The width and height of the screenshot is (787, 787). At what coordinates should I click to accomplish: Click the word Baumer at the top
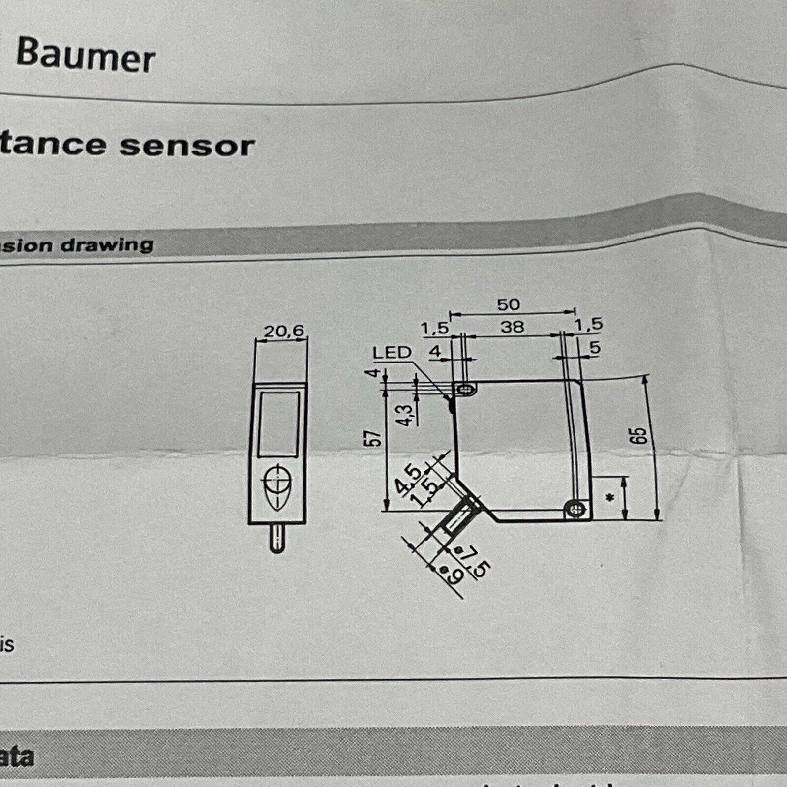86,57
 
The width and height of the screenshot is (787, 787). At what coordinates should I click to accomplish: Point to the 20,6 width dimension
284,332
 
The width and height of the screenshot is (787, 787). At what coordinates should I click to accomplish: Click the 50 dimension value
508,305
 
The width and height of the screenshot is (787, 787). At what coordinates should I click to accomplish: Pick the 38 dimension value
512,327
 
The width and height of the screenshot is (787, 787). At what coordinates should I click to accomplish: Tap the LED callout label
392,352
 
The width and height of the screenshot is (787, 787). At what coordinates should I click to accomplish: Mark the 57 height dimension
375,438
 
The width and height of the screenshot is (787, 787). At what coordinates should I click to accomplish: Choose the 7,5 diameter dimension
477,561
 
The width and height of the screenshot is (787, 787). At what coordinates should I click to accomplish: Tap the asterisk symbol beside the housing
610,499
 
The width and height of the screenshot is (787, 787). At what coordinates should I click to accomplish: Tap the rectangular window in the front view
279,423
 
